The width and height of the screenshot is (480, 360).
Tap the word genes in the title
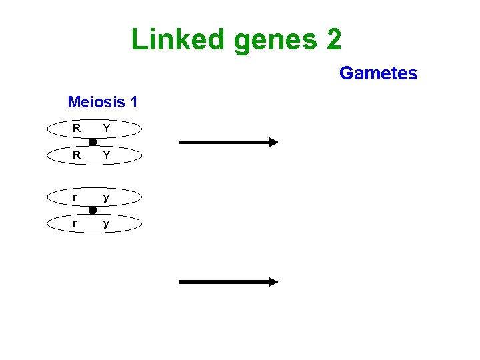tap(275, 41)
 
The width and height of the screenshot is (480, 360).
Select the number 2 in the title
tap(333, 39)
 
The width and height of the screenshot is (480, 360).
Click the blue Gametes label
tap(378, 73)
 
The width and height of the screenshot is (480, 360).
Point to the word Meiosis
tap(96, 102)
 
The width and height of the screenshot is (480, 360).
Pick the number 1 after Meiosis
tap(134, 102)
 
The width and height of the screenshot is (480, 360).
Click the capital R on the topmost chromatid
tap(77, 128)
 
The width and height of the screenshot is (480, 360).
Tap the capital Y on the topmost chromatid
tap(107, 128)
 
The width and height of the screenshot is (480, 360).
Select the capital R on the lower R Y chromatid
tap(77, 155)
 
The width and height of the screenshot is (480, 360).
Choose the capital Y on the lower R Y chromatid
tap(107, 155)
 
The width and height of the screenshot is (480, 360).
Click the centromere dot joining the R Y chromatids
tap(93, 142)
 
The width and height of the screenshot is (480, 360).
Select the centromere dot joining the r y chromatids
tap(93, 211)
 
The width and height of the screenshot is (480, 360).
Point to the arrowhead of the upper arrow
tap(273, 141)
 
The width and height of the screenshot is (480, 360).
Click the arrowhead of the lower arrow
tap(273, 282)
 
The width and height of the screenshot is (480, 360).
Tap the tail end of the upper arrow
tap(182, 141)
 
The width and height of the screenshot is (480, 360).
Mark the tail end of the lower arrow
tap(182, 282)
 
